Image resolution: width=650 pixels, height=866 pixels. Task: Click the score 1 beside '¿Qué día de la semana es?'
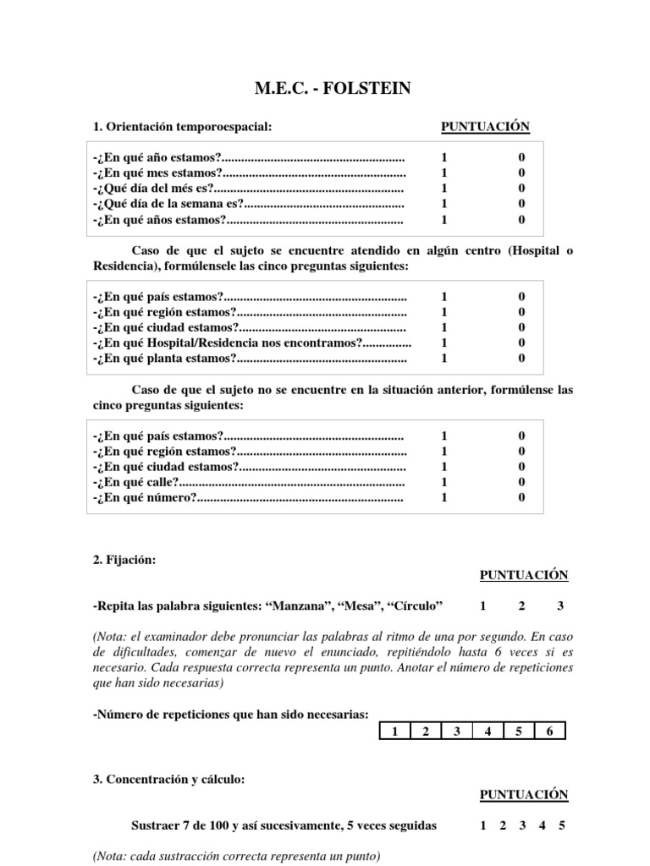[444, 203]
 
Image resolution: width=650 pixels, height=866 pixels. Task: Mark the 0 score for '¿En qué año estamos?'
[521, 157]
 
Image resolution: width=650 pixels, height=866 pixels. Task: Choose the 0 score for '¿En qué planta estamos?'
[521, 358]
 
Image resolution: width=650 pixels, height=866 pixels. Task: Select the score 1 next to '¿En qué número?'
[444, 497]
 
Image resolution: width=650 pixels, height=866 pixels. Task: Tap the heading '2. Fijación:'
[124, 559]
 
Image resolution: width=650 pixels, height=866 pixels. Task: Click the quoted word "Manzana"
[299, 606]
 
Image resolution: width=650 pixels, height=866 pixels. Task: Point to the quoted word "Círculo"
[415, 606]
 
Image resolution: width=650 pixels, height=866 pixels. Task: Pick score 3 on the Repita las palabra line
[559, 606]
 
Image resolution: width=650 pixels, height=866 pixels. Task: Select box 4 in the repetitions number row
[487, 732]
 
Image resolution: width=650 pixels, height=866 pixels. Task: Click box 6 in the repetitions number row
[549, 732]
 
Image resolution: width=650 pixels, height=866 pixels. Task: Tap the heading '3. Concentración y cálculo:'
[168, 779]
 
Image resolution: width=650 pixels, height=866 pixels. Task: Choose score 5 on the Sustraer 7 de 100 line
[562, 826]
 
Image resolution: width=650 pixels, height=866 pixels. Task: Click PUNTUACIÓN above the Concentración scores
[524, 795]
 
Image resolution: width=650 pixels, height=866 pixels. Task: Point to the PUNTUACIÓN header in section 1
[485, 127]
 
